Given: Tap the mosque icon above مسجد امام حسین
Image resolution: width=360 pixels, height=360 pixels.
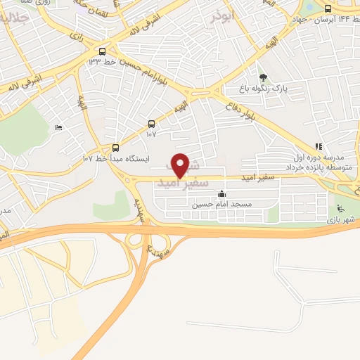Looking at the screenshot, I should click(x=222, y=194).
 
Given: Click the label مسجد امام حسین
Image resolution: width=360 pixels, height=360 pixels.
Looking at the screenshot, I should click(x=222, y=204).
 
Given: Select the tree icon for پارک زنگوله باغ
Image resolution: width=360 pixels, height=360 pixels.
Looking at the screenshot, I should click(x=264, y=77).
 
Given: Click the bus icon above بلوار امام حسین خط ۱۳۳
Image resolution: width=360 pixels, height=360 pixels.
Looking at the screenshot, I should click(x=103, y=51).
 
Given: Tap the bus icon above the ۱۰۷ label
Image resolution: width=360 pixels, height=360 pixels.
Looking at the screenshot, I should click(x=151, y=124).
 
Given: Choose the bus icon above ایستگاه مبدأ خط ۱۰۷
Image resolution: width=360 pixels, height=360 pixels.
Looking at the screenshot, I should click(x=116, y=148).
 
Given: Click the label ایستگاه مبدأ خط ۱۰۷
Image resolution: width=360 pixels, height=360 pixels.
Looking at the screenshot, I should click(x=117, y=159).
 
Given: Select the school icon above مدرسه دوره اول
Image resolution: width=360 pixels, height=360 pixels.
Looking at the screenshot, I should click(x=319, y=147).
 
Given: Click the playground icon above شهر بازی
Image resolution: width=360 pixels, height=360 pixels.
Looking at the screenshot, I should click(x=341, y=209).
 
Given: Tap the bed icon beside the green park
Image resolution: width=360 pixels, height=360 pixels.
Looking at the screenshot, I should click(x=58, y=127).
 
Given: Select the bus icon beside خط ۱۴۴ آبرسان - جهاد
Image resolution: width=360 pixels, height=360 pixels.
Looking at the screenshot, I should click(x=328, y=9).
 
